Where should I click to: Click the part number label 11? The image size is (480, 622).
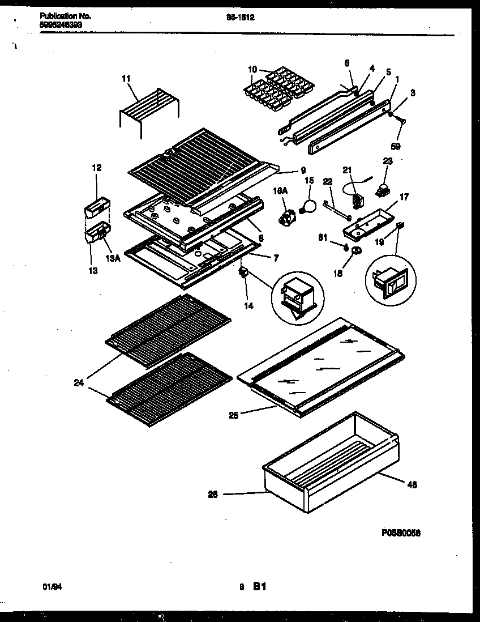pyautogui.click(x=126, y=79)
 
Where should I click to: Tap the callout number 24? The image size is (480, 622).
pyautogui.click(x=78, y=383)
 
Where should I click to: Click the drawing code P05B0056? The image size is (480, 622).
pyautogui.click(x=401, y=533)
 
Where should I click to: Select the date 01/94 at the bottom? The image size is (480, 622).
pyautogui.click(x=53, y=588)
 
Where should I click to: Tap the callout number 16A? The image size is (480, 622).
pyautogui.click(x=280, y=192)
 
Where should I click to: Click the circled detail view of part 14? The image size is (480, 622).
pyautogui.click(x=298, y=297)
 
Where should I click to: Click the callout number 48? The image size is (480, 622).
pyautogui.click(x=412, y=484)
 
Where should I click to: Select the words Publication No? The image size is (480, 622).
pyautogui.click(x=66, y=16)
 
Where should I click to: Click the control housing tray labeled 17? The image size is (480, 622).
pyautogui.click(x=366, y=223)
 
